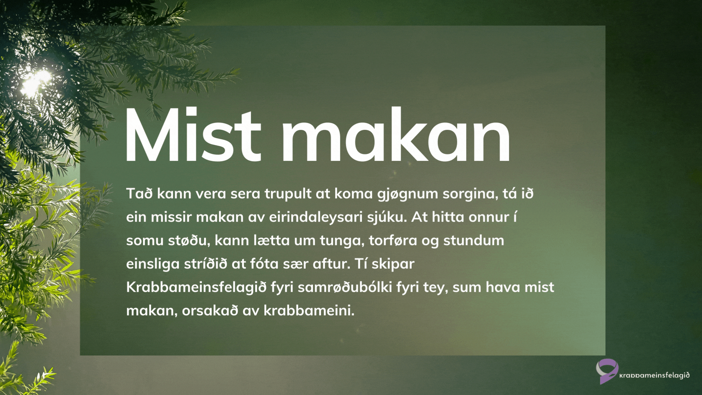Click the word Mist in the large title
tap(193, 134)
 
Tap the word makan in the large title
tap(396, 134)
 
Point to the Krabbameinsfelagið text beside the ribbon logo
tap(654, 376)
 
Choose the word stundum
tap(474, 240)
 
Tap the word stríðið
tap(205, 264)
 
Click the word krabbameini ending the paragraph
tap(309, 311)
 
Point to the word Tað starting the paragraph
tap(139, 193)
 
